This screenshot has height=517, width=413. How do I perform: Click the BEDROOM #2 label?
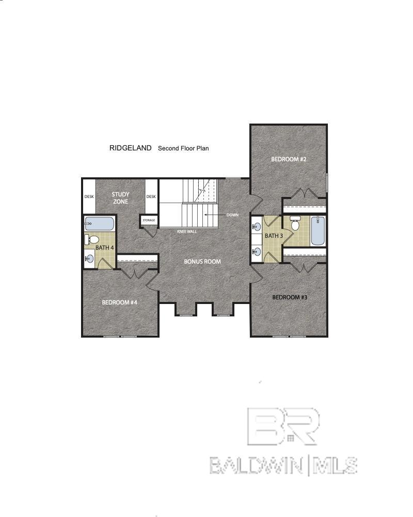pyautogui.click(x=289, y=159)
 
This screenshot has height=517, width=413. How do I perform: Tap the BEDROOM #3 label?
pyautogui.click(x=290, y=297)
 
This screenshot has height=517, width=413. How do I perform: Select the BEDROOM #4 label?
pyautogui.click(x=119, y=302)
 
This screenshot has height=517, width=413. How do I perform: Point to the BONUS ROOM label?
pyautogui.click(x=202, y=262)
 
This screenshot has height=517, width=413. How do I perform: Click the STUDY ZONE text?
pyautogui.click(x=120, y=198)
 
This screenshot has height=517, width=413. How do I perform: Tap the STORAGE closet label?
pyautogui.click(x=149, y=220)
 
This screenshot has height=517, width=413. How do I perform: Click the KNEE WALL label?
pyautogui.click(x=187, y=232)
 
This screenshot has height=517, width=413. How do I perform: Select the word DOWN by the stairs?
pyautogui.click(x=232, y=215)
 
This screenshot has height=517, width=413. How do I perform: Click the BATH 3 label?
pyautogui.click(x=274, y=236)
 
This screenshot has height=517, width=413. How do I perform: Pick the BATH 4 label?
pyautogui.click(x=105, y=247)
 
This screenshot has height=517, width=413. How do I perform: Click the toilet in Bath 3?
pyautogui.click(x=295, y=224)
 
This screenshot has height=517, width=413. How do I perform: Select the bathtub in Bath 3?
pyautogui.click(x=318, y=231)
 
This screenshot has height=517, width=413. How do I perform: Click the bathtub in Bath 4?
pyautogui.click(x=100, y=224)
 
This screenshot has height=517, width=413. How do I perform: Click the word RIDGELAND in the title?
pyautogui.click(x=131, y=148)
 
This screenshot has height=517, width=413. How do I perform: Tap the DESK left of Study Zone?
pyautogui.click(x=89, y=196)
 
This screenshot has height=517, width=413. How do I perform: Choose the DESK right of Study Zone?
pyautogui.click(x=151, y=196)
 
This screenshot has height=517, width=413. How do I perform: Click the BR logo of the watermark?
pyautogui.click(x=283, y=426)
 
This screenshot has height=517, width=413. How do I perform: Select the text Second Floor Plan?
pyautogui.click(x=183, y=148)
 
